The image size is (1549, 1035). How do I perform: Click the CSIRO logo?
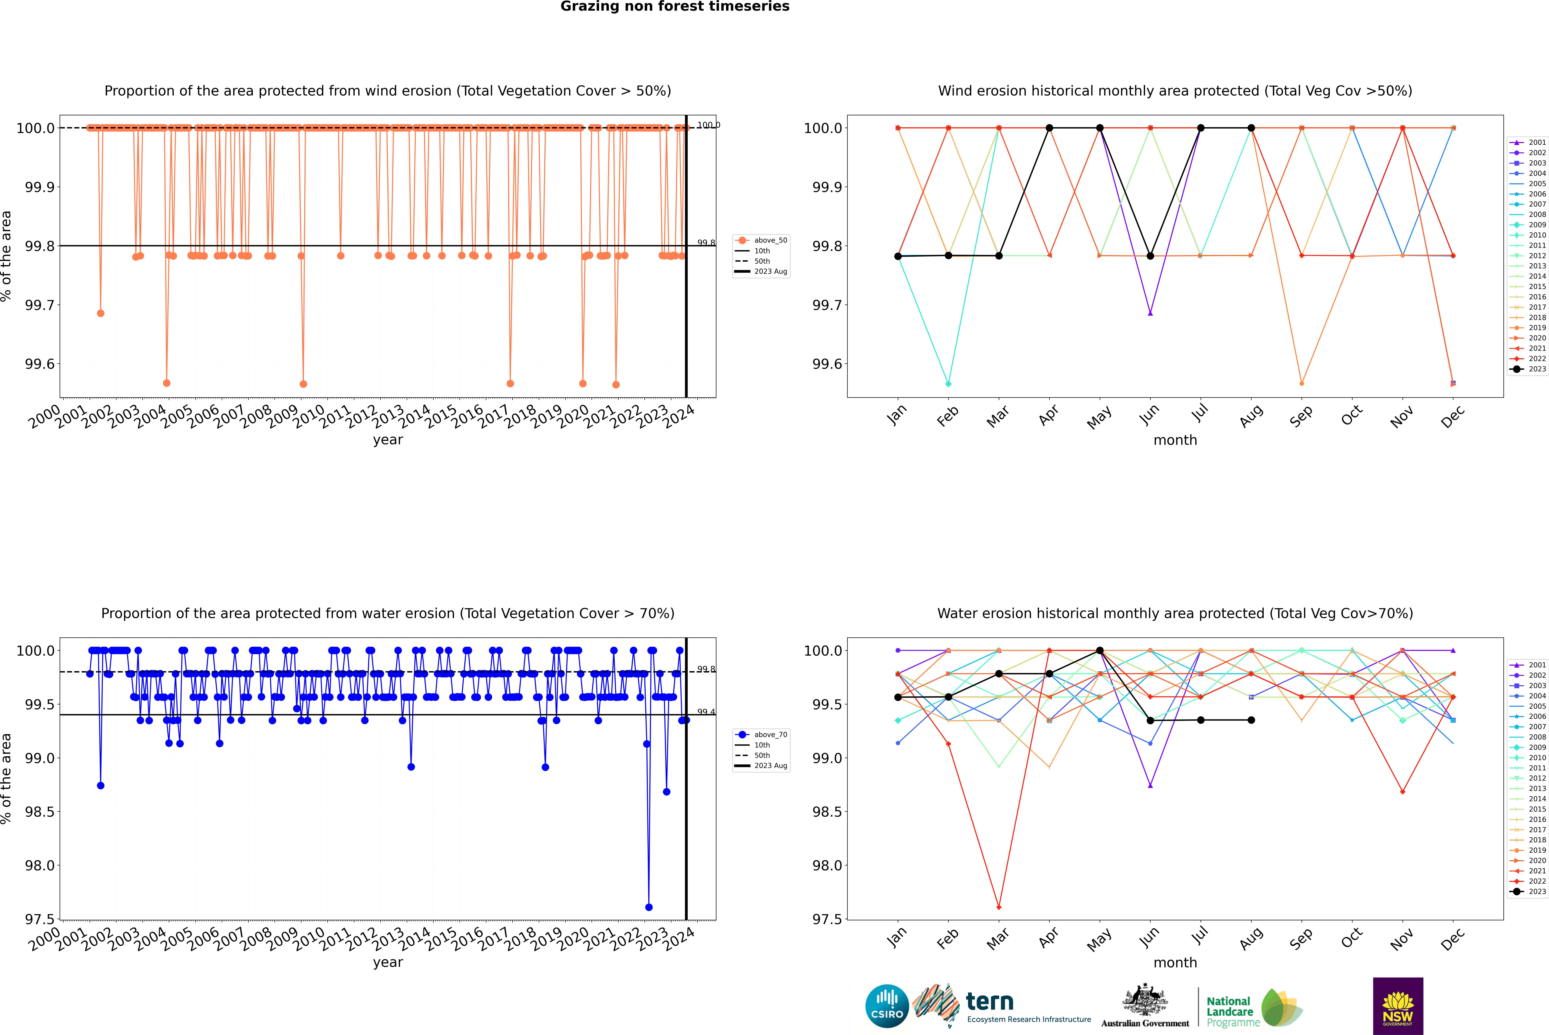887,1006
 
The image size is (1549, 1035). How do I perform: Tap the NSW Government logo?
1398,1006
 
